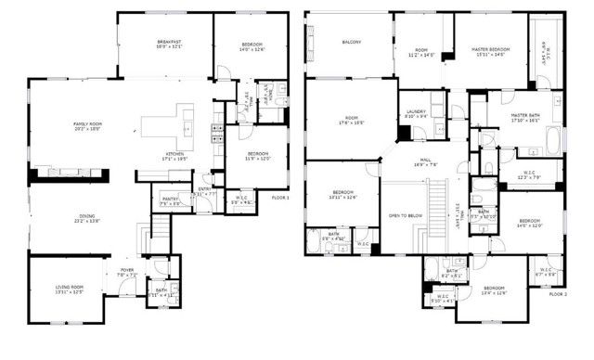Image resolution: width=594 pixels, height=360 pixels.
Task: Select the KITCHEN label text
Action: click(176, 153)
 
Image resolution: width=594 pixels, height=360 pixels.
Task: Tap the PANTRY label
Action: click(170, 199)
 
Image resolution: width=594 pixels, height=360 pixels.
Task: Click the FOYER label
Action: click(126, 271)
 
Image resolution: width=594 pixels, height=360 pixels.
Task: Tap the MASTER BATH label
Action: click(531, 116)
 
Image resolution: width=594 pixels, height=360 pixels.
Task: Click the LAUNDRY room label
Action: click(416, 112)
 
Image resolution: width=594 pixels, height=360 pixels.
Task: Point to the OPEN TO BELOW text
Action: click(406, 213)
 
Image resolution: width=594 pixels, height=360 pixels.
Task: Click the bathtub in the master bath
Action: click(555, 141)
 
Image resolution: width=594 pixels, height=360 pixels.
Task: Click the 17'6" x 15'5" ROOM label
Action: click(351, 120)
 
